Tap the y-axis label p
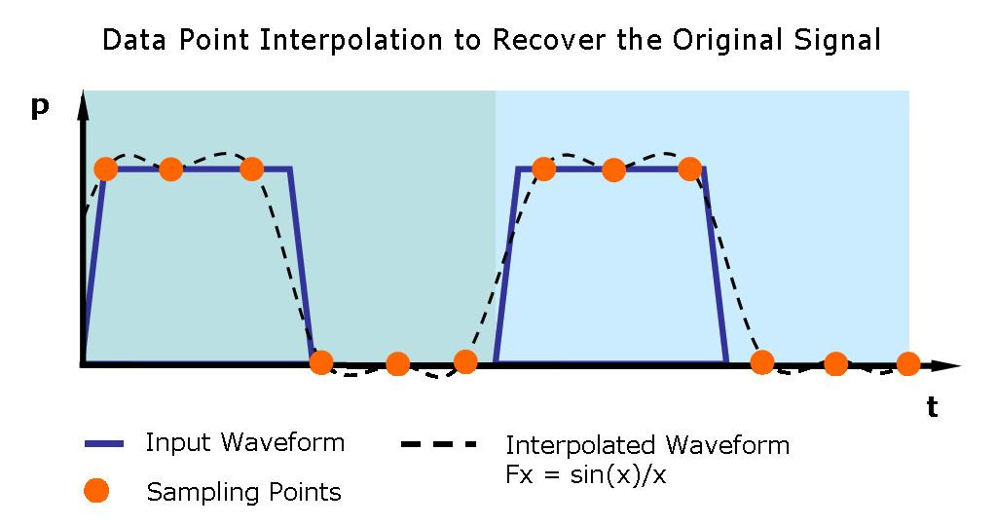point(40,107)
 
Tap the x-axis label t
point(932,407)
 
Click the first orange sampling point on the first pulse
point(106,169)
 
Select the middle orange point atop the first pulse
point(170,169)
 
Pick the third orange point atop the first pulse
point(251,169)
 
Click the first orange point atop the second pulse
point(543,169)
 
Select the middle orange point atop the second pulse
point(613,169)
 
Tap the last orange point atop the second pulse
point(689,169)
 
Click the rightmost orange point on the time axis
point(907,364)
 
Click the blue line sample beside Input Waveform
point(105,444)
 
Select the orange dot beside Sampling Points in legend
point(96,491)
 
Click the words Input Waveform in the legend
point(245,443)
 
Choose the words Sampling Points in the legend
point(243,492)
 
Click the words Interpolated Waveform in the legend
point(647,446)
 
